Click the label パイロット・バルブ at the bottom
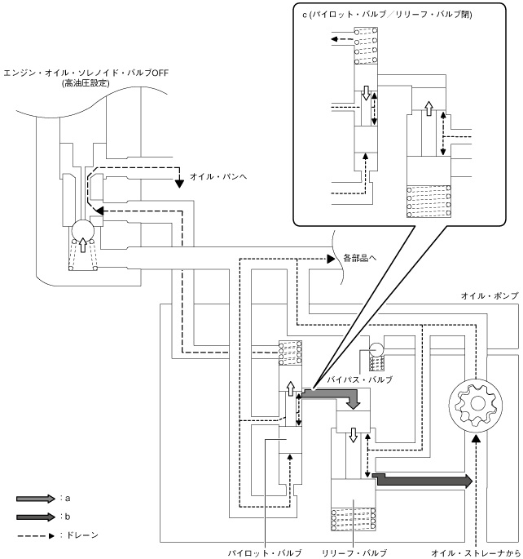(x=265, y=553)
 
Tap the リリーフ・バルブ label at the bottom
(x=354, y=553)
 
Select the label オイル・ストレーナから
(x=476, y=553)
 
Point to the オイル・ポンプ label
(x=490, y=295)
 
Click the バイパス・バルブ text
(x=360, y=379)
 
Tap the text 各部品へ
(x=360, y=258)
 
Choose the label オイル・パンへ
(x=218, y=176)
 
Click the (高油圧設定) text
(x=86, y=83)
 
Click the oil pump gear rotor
(x=476, y=404)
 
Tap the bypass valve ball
(x=376, y=349)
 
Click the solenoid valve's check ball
(x=83, y=230)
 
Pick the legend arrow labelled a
(x=36, y=499)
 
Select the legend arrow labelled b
(x=36, y=517)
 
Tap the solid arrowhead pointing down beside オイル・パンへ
(x=180, y=184)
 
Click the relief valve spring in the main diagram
(x=354, y=520)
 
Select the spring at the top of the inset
(x=366, y=46)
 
